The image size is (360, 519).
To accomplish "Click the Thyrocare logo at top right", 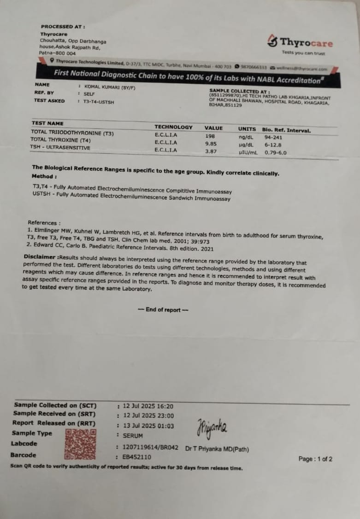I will (300, 43).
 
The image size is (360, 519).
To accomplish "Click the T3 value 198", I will (210, 136).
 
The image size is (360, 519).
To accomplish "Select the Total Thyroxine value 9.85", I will (211, 144).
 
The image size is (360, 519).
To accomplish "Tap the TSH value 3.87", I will (211, 151).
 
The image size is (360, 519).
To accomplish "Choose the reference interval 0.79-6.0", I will (275, 152).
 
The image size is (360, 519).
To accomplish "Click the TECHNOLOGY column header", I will (173, 127).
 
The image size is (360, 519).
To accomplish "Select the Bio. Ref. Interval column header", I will (286, 130).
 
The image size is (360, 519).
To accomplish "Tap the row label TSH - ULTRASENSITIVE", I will (60, 148).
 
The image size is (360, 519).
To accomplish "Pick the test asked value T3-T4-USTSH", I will (98, 102).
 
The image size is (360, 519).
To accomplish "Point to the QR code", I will (81, 444).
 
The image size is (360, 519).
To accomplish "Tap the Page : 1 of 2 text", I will (315, 459).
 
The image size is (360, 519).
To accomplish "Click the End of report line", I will (163, 310).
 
